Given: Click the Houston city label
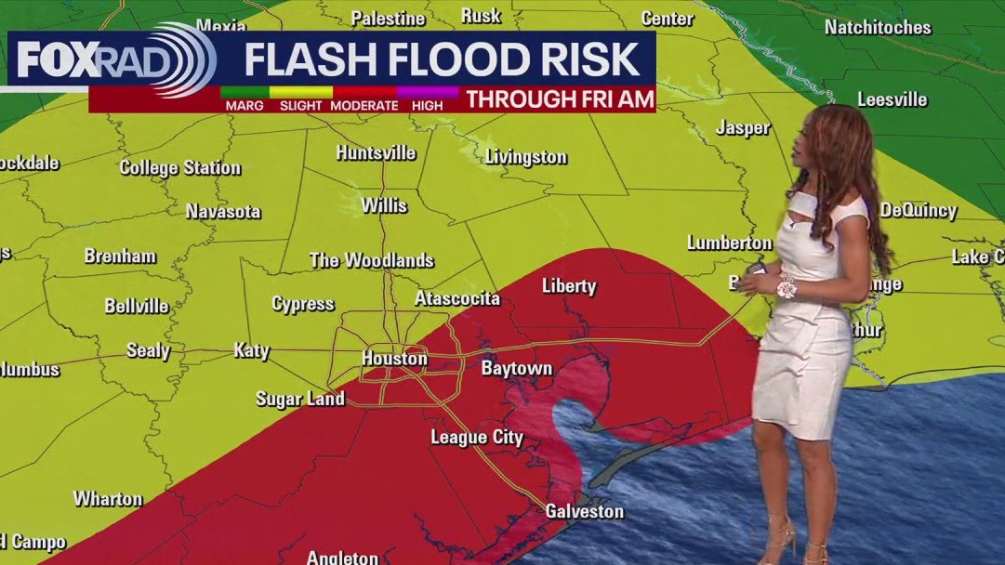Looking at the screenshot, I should pos(394,359).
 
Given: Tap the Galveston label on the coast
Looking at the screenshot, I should pos(584,512).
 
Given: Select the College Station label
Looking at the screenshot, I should pos(179,168).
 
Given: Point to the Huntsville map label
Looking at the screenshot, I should pos(376,152).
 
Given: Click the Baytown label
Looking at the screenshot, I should pos(516,369).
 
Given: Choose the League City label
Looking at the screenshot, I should pos(476,437).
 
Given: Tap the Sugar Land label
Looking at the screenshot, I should pos(299,399).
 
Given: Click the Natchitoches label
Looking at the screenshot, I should pos(877,28).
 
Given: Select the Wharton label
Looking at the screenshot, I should pos(108,499).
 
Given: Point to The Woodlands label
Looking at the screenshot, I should pos(371,260).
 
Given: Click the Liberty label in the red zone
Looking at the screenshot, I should pos(568,286).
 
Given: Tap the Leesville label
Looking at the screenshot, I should pos(892,99).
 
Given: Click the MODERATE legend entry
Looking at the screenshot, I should pos(364,106).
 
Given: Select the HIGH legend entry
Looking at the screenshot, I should pos(427,106).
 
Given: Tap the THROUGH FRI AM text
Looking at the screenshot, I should pos(560,99).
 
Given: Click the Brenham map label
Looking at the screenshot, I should pos(120,256).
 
